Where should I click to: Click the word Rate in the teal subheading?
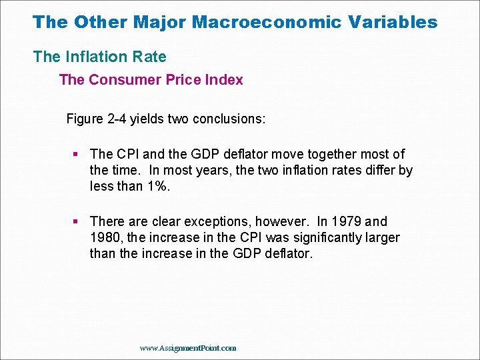150,57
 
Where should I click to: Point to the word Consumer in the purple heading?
120,80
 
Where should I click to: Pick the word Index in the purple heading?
224,80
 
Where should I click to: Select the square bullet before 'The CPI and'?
76,154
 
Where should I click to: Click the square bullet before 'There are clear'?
76,221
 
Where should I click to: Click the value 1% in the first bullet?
157,186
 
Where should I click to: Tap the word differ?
379,170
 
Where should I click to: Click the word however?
285,221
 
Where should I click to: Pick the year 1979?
347,221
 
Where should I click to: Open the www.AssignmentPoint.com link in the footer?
188,348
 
